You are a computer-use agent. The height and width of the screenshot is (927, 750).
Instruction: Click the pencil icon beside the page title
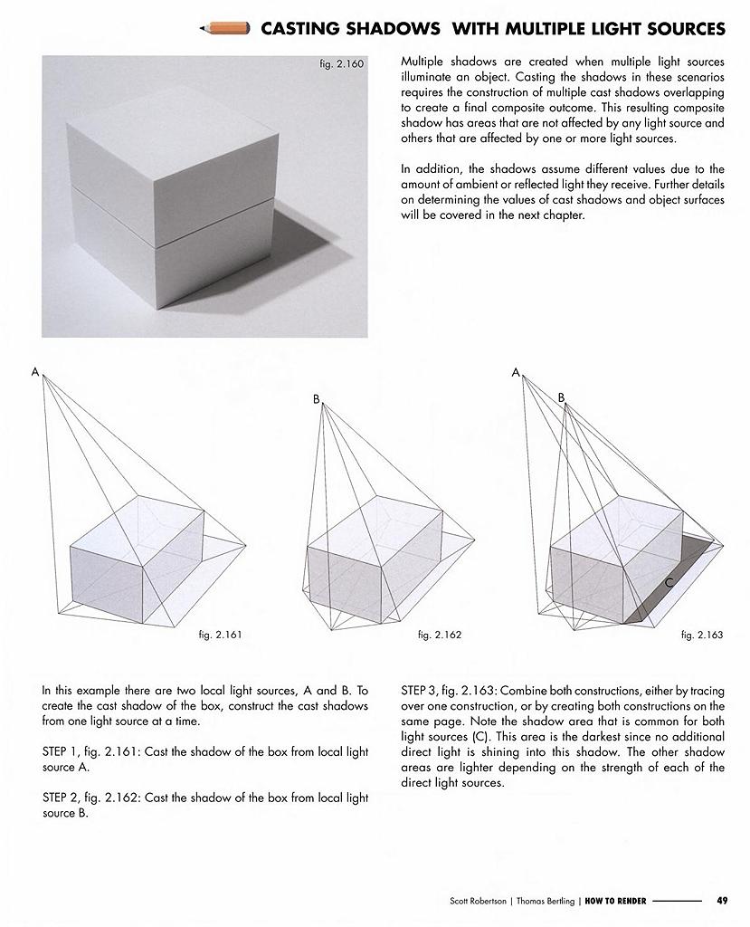(225, 29)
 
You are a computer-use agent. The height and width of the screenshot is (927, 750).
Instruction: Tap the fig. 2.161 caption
(219, 636)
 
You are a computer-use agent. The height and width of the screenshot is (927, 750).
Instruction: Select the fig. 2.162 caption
(440, 636)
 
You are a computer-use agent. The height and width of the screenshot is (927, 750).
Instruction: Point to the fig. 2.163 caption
(702, 636)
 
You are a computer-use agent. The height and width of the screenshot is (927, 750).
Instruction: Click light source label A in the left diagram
(35, 372)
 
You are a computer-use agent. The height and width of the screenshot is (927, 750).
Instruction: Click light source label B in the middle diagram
(317, 399)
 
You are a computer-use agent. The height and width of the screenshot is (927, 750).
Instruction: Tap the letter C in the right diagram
(669, 584)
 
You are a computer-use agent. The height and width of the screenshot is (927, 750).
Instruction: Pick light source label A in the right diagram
(516, 372)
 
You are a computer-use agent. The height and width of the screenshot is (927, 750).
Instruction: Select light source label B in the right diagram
(561, 397)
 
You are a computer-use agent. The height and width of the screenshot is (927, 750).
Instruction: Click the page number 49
(722, 901)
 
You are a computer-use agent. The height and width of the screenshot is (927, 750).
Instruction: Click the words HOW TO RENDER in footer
(614, 901)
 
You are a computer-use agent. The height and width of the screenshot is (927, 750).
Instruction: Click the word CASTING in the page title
(305, 29)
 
